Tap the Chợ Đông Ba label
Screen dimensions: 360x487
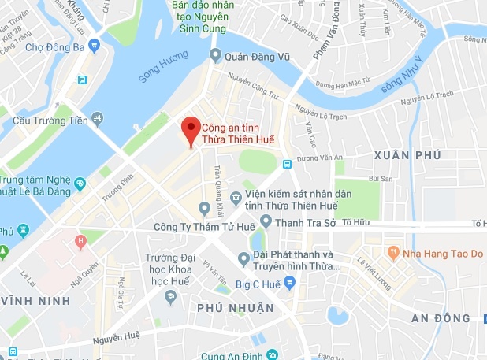tap(54, 46)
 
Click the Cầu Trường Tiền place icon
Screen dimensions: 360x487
tap(97, 119)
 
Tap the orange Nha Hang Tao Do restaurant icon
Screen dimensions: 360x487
tap(392, 253)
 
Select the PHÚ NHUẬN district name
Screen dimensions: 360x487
tap(236, 307)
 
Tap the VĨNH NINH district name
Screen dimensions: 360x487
tap(29, 300)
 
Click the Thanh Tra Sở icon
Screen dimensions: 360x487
tap(266, 221)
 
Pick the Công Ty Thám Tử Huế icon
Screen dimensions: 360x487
tap(205, 209)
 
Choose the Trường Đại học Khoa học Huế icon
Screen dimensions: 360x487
tap(169, 296)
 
